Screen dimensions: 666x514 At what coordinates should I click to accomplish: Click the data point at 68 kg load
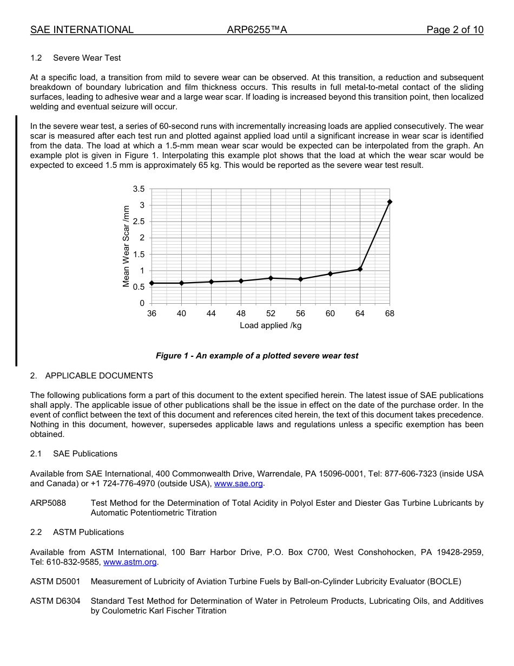tap(390, 202)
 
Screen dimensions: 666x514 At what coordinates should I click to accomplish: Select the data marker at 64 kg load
tap(360, 269)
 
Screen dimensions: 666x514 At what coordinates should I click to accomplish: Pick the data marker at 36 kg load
tap(151, 283)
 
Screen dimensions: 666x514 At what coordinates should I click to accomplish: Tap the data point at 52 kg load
tap(271, 278)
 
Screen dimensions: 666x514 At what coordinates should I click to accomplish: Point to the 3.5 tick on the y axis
tap(139, 189)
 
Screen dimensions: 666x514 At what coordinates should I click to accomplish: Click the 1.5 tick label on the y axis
tap(139, 254)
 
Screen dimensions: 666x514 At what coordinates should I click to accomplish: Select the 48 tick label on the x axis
tap(241, 314)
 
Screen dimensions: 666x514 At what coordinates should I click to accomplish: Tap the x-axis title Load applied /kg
tap(271, 325)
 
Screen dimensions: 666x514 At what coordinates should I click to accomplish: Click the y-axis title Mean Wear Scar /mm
tap(126, 246)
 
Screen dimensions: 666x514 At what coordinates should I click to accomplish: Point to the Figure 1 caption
tap(257, 356)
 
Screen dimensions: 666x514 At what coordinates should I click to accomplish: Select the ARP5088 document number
tap(48, 503)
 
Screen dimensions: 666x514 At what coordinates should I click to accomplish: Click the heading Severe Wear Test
tap(87, 58)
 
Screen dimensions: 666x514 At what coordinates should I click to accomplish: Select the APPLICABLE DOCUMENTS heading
tap(99, 376)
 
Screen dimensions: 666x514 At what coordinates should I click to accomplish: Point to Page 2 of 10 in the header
tap(454, 30)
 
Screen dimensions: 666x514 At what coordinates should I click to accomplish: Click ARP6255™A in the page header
tap(257, 30)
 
